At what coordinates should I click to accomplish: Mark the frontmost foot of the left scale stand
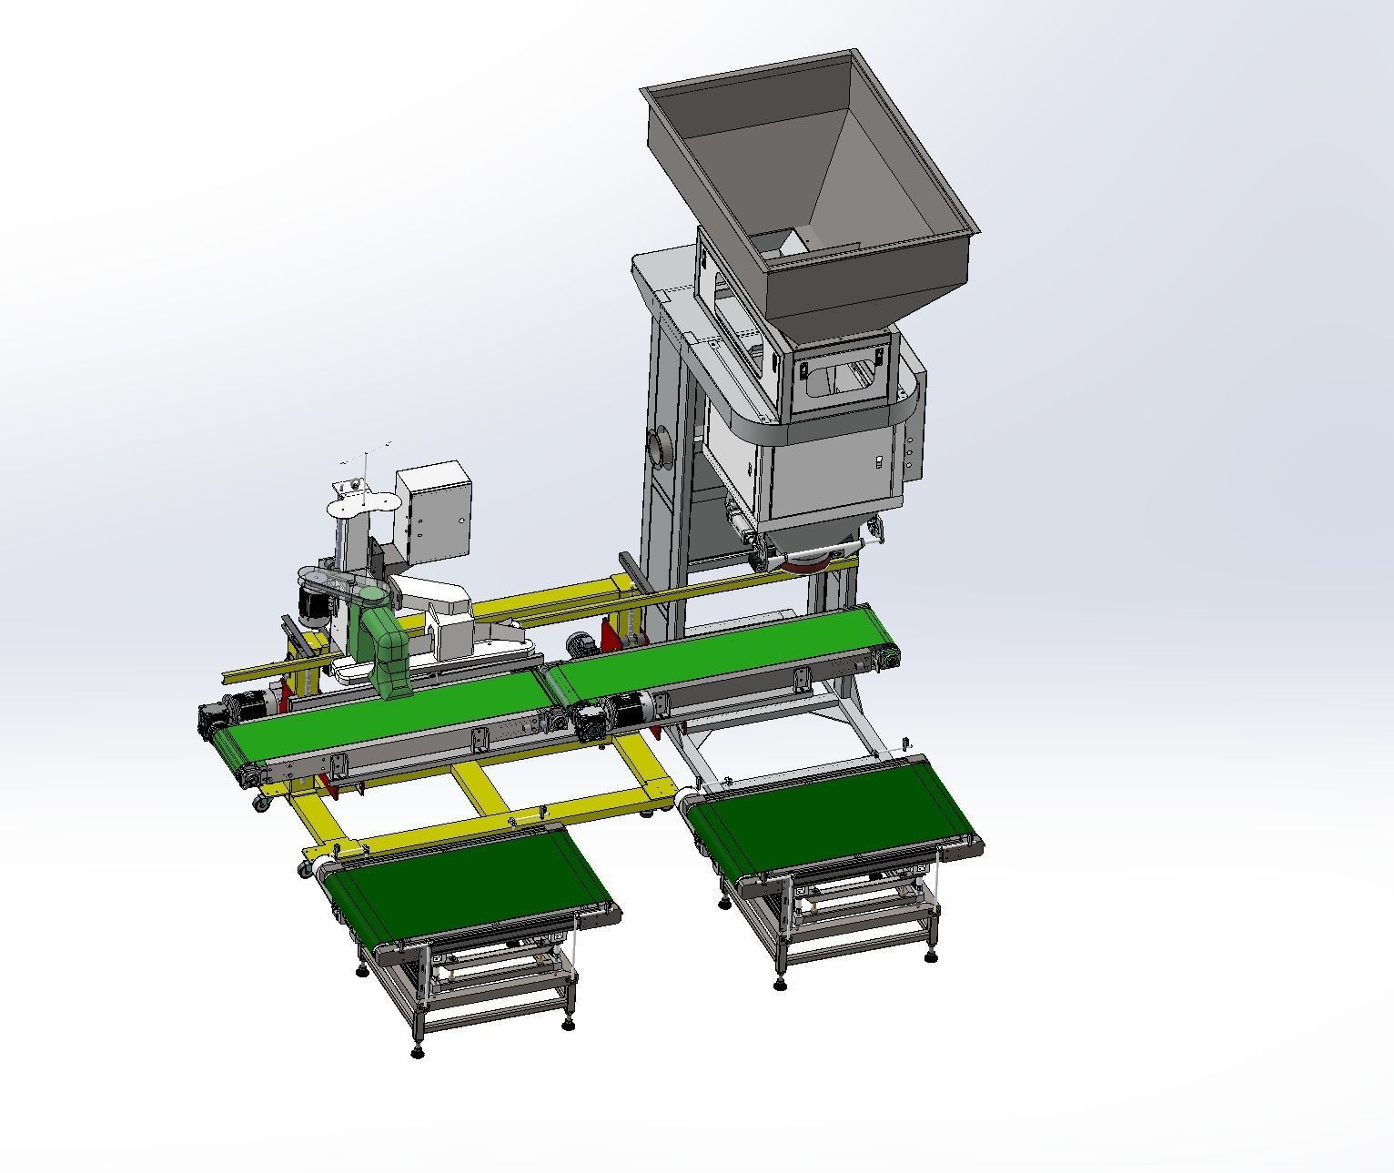click(417, 1052)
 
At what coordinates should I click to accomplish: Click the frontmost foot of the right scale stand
click(781, 984)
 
